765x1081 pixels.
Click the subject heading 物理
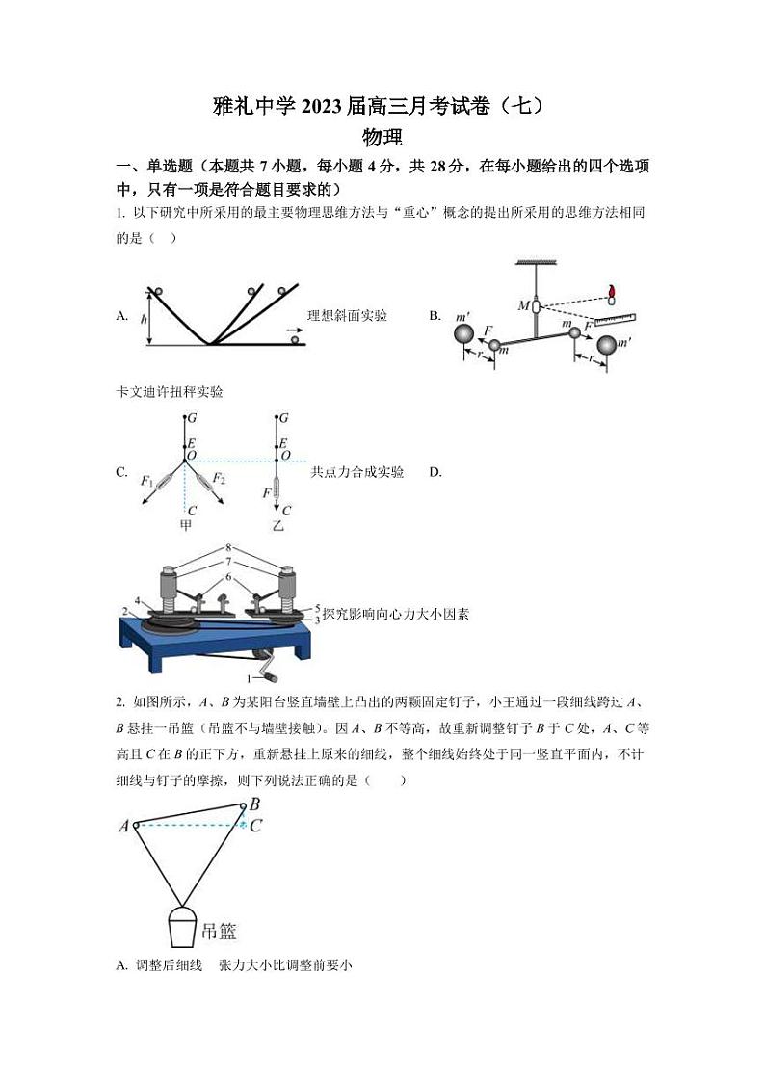[382, 138]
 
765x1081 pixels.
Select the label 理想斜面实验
[347, 315]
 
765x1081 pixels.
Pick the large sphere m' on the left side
[464, 333]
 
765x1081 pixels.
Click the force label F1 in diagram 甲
[146, 480]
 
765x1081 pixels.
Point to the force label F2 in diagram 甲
[219, 479]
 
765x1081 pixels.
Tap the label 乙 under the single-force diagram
[278, 526]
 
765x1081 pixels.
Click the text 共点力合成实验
[356, 472]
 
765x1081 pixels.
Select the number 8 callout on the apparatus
[229, 547]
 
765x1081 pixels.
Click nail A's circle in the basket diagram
[137, 825]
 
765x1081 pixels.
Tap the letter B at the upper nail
[254, 804]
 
